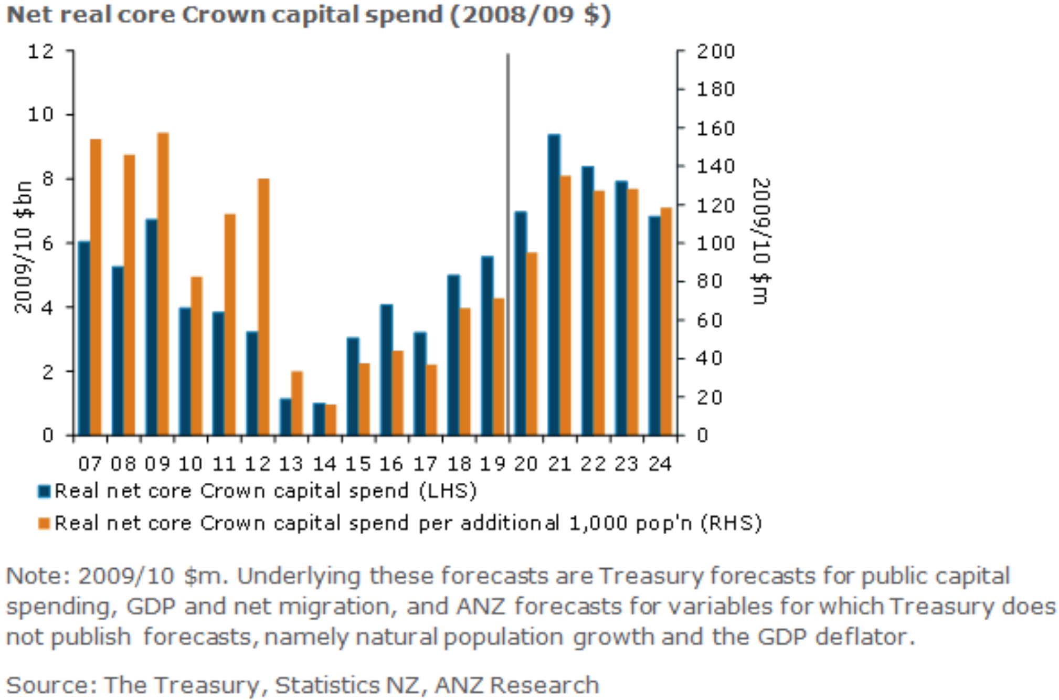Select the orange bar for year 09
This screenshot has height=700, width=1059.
pyautogui.click(x=163, y=284)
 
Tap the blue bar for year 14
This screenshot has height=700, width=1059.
pyautogui.click(x=319, y=419)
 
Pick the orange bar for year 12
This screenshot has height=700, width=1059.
pyautogui.click(x=263, y=307)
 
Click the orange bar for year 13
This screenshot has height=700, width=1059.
pyautogui.click(x=297, y=403)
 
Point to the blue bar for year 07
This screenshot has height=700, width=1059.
pyautogui.click(x=84, y=338)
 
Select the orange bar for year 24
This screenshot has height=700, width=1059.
pyautogui.click(x=666, y=322)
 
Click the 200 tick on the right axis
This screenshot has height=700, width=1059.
pyautogui.click(x=715, y=51)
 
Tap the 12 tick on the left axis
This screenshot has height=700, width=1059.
pyautogui.click(x=41, y=51)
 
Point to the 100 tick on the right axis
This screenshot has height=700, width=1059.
pyautogui.click(x=715, y=243)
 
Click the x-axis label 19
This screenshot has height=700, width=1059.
pyautogui.click(x=492, y=464)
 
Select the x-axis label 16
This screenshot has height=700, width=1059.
pyautogui.click(x=391, y=464)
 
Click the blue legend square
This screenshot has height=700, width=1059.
pyautogui.click(x=44, y=492)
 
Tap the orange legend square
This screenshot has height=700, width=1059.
pyautogui.click(x=44, y=524)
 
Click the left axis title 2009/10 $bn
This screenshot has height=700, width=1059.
pyautogui.click(x=24, y=247)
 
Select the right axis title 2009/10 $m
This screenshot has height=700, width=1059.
pyautogui.click(x=760, y=241)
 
